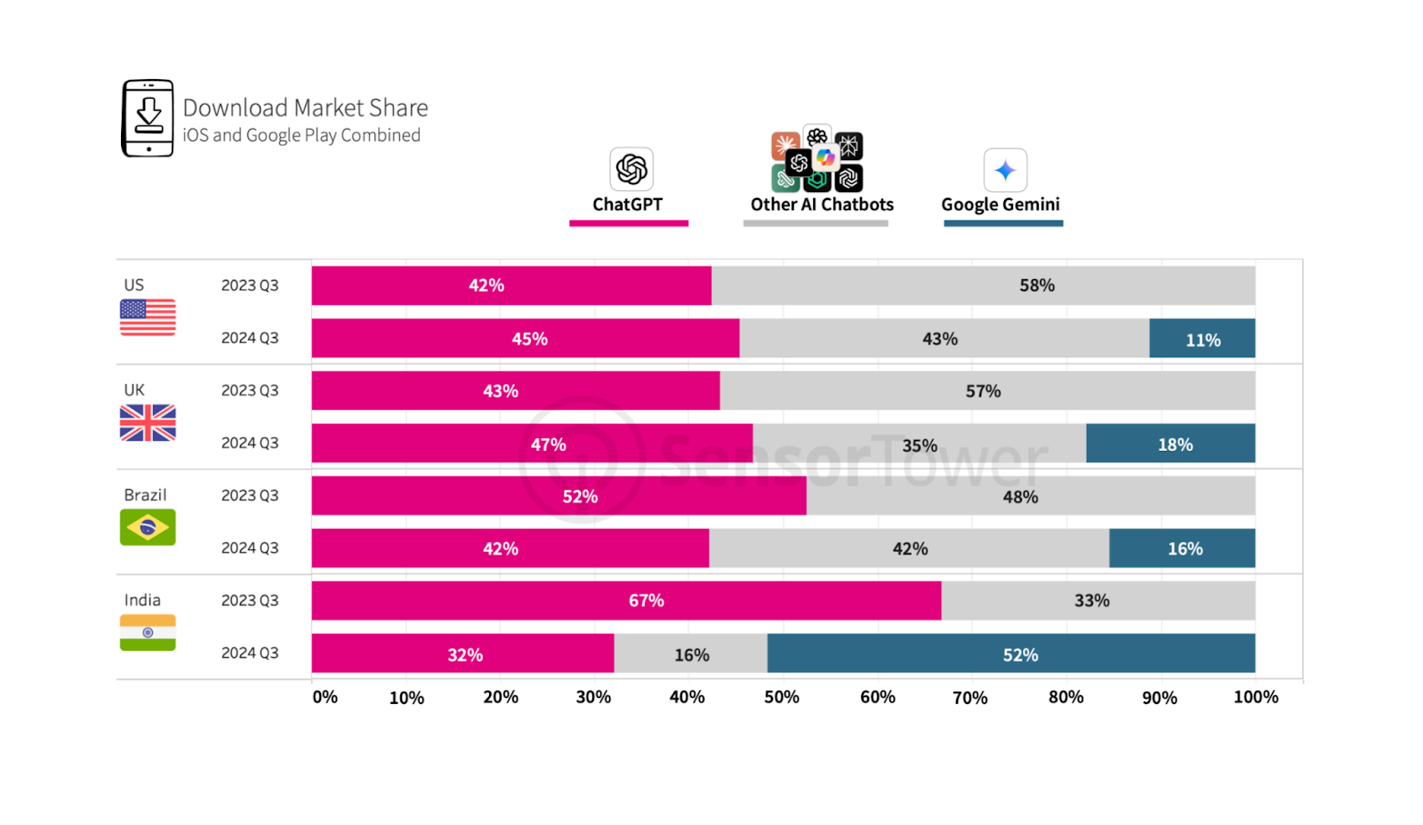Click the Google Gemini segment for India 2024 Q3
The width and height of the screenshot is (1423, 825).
(x=1010, y=653)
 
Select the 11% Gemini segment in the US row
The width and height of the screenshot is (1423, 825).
(x=1202, y=339)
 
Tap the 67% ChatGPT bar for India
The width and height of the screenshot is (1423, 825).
(x=626, y=601)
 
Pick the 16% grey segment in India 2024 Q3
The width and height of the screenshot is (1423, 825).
(x=690, y=654)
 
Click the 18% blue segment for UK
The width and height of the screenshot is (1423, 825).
(x=1170, y=444)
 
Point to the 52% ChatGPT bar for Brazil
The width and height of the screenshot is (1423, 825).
(x=559, y=496)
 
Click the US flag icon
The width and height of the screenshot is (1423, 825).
(x=148, y=317)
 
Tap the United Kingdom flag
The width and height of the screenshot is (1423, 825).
(x=148, y=423)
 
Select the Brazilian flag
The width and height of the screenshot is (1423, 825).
(x=148, y=528)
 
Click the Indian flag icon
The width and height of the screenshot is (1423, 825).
(x=148, y=633)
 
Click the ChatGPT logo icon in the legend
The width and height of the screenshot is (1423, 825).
(x=631, y=169)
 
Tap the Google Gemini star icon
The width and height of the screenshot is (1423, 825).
(x=1005, y=170)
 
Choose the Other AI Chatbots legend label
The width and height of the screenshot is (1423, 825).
(x=822, y=204)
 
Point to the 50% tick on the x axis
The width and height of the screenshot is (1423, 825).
(x=782, y=697)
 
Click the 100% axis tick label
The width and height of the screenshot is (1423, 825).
(x=1255, y=697)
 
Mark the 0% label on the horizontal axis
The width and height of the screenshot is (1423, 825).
(x=325, y=697)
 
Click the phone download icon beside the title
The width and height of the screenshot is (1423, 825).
(x=148, y=118)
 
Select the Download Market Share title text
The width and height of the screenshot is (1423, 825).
(x=305, y=108)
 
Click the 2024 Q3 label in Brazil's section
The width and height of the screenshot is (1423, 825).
(x=250, y=548)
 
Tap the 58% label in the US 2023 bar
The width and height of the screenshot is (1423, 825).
(x=1036, y=285)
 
